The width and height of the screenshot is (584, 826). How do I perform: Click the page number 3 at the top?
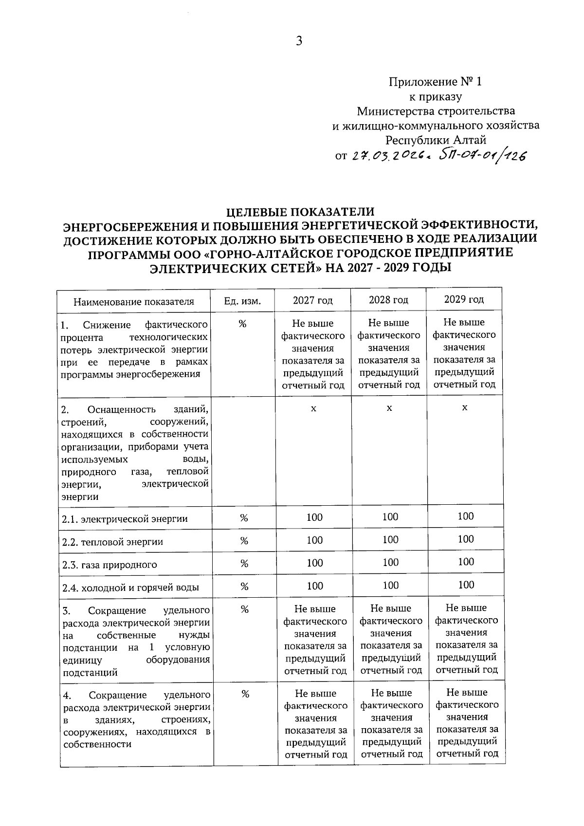[299, 41]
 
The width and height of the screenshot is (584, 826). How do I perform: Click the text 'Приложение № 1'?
[435, 82]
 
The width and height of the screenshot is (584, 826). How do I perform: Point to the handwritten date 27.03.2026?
[389, 156]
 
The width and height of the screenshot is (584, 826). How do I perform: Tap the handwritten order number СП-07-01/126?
[483, 155]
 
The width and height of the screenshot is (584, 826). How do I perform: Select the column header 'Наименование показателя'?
[134, 301]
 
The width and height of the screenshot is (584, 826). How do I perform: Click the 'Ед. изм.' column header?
[242, 301]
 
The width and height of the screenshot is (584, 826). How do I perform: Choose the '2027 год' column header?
[312, 300]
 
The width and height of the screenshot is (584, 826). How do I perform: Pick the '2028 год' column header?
[388, 299]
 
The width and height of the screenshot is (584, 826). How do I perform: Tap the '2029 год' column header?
[464, 299]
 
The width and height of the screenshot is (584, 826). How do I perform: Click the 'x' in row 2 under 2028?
[389, 408]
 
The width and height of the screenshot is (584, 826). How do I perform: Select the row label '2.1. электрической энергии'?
[125, 519]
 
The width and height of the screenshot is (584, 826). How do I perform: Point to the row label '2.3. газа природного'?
[110, 565]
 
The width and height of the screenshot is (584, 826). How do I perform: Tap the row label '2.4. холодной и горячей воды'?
[131, 587]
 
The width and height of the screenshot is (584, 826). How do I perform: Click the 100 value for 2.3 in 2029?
[466, 562]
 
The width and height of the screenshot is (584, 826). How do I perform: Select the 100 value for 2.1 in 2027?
[314, 517]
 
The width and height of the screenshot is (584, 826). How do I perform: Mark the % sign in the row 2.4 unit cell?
[244, 587]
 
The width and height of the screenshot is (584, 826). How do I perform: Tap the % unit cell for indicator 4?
[245, 694]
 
